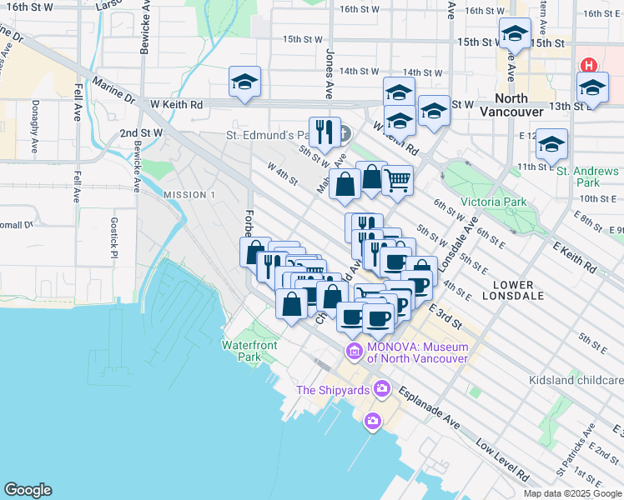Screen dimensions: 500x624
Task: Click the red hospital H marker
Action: pos(589,66)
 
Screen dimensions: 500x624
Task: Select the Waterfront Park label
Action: pos(242,351)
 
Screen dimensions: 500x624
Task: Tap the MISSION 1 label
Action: pos(189,195)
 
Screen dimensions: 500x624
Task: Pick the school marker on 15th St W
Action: pos(515,35)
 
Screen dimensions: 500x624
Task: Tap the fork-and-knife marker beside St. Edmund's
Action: pos(325,131)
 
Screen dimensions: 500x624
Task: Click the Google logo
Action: pos(28,490)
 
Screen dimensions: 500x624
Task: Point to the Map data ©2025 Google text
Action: pos(572,493)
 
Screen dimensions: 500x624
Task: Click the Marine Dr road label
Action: pos(114,92)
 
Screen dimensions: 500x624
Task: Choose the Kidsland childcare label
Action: pos(576,381)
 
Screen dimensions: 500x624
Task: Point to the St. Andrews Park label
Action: pos(590,176)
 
